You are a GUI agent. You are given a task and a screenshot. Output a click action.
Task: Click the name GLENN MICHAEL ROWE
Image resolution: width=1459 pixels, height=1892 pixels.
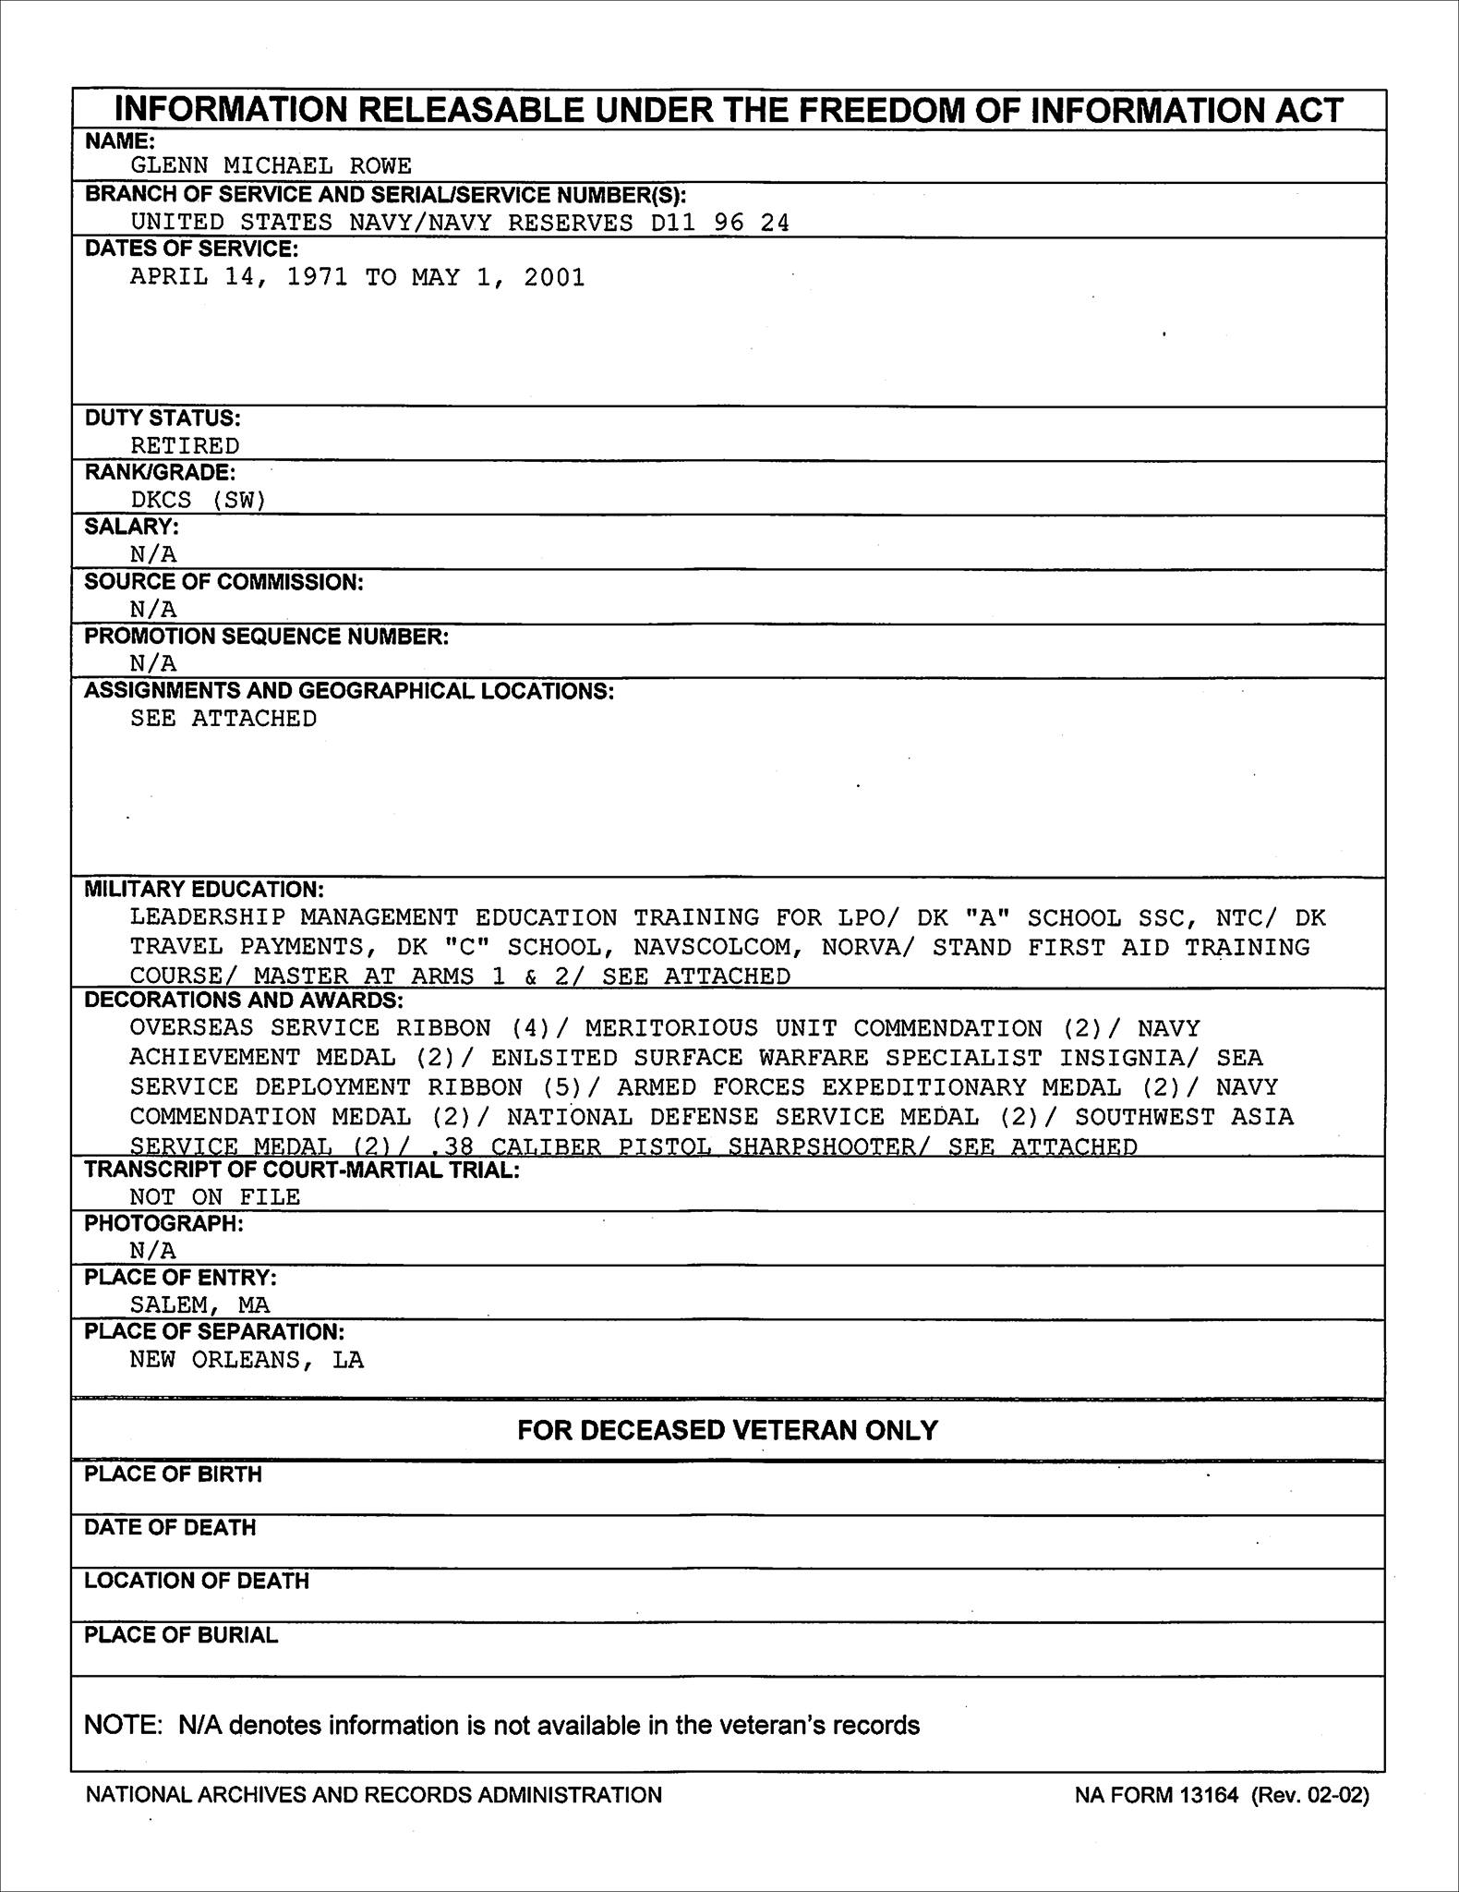(x=271, y=166)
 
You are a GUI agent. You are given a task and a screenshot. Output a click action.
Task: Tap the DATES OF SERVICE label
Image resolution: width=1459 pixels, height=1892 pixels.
(x=191, y=249)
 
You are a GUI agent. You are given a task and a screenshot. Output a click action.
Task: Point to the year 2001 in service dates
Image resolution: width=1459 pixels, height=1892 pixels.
(x=554, y=278)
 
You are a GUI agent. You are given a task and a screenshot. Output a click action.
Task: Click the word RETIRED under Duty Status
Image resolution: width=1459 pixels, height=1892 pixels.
(x=185, y=445)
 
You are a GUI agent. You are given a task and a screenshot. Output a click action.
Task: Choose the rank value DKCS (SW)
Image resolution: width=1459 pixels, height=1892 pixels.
(x=198, y=500)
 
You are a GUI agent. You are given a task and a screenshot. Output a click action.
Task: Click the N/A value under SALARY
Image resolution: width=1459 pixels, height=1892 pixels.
(x=153, y=554)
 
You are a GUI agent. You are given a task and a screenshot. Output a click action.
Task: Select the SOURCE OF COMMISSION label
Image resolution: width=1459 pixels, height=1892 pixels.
(x=223, y=582)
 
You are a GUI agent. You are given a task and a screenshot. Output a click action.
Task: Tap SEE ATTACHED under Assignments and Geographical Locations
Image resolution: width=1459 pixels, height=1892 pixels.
(x=223, y=719)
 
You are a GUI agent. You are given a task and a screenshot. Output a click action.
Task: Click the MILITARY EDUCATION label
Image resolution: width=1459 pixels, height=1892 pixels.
(x=204, y=890)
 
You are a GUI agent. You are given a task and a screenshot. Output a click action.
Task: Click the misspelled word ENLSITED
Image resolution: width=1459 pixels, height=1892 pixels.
(x=554, y=1058)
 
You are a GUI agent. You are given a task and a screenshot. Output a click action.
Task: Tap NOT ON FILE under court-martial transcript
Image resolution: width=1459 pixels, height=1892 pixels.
(x=215, y=1197)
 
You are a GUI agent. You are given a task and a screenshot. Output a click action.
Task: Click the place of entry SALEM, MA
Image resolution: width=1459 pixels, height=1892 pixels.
(x=199, y=1304)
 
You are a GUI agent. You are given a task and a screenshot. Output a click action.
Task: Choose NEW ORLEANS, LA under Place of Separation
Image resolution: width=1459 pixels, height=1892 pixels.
(x=247, y=1360)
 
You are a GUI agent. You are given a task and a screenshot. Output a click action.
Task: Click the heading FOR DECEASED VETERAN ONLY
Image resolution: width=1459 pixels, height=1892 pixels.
(x=728, y=1431)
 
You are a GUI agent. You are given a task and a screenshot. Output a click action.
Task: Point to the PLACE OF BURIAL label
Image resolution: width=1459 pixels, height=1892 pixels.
(x=181, y=1635)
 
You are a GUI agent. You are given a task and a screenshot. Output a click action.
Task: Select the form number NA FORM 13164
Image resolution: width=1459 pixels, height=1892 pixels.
(x=1156, y=1795)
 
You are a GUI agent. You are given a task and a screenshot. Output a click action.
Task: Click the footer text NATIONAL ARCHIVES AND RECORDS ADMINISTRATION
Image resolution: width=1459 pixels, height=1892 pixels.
(x=374, y=1795)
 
